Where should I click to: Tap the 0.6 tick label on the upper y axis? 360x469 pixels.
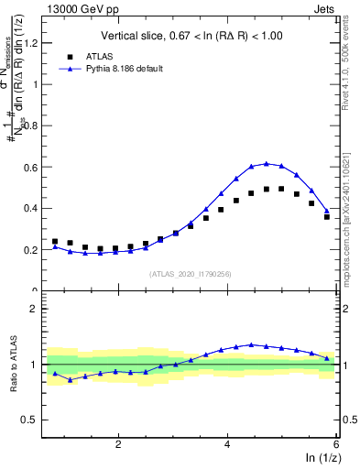[32, 167]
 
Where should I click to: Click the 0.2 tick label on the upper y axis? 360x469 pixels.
[32, 249]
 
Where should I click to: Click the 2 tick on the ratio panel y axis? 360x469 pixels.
[36, 309]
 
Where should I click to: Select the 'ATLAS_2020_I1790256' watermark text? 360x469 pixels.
[191, 274]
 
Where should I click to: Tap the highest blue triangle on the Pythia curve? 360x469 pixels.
[266, 163]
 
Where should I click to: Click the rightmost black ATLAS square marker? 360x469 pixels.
[327, 217]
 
